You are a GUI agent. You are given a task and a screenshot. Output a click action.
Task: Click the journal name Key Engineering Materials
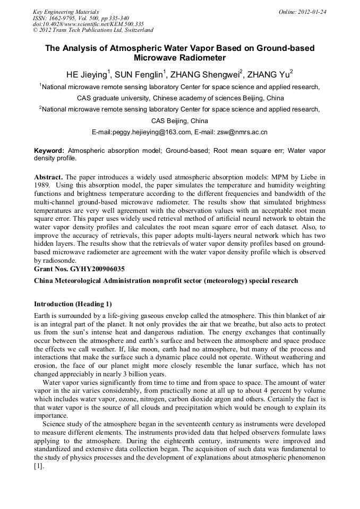pos(66,11)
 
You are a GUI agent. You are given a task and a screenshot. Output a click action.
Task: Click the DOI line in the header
pos(88,24)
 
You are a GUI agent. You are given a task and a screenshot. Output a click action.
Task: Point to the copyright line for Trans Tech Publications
pos(93,30)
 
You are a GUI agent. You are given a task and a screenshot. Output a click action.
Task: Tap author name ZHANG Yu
pos(269,74)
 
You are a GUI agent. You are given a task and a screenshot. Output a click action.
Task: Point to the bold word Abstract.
pos(49,176)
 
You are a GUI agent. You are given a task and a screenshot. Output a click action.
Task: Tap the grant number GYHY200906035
pos(95,269)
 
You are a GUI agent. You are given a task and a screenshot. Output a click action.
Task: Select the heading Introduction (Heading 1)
pos(73,304)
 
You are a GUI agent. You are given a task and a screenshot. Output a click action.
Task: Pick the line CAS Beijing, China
pos(179,120)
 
